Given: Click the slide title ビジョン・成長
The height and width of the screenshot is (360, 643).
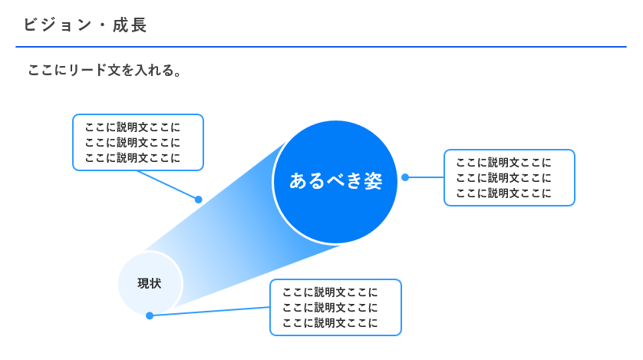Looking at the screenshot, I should coord(84,25).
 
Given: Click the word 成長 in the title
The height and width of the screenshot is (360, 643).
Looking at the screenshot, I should coord(130,25).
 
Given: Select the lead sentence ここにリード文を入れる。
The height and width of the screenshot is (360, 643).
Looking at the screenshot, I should coord(104,71).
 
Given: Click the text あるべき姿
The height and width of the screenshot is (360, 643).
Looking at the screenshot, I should coord(335,180).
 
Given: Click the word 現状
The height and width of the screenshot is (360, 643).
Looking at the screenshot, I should coord(150,283).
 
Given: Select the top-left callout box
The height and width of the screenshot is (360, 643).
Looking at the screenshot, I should coord(138,142).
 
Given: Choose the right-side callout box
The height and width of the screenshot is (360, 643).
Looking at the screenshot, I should coord(509,177).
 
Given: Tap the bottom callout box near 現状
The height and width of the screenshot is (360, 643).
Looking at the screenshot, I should coord(335,307).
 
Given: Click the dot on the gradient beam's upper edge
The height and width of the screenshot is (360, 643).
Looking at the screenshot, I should coord(198,200).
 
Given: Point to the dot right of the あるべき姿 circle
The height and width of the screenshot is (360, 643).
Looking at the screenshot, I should coord(405,177).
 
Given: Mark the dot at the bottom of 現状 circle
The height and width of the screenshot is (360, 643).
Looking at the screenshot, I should coord(150,315).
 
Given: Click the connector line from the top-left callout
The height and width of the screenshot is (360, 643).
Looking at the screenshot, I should coord(167,185).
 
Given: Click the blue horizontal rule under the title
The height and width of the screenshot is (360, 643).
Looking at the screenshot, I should coord(321,47).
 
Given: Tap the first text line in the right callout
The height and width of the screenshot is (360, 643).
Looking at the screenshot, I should coord(503,162).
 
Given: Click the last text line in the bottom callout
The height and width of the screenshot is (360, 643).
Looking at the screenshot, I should coord(330,323).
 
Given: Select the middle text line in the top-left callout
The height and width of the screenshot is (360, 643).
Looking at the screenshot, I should coord(133,142).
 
